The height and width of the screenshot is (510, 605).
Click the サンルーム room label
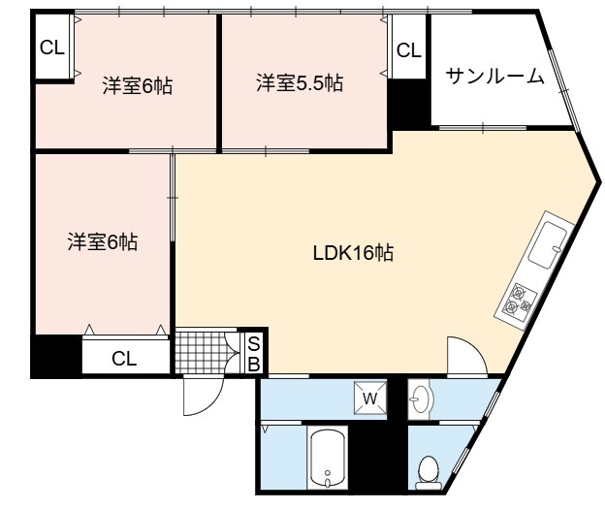[495, 77]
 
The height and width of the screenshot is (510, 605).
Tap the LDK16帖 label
[353, 253]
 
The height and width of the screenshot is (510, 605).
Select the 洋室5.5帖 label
[300, 83]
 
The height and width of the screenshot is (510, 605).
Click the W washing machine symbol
[370, 398]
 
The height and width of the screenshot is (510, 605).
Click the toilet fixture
[429, 472]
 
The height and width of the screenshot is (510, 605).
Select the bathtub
[328, 457]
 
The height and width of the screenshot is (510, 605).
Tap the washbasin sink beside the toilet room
[420, 398]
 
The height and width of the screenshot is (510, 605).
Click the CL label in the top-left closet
[52, 48]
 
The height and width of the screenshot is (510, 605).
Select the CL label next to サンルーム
[409, 50]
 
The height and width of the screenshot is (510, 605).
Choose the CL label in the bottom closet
[124, 359]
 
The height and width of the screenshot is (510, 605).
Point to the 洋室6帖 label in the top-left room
[138, 85]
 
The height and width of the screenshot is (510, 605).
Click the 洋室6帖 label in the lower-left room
[102, 241]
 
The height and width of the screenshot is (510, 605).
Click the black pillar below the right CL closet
[409, 104]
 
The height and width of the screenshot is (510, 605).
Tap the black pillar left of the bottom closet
[56, 356]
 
